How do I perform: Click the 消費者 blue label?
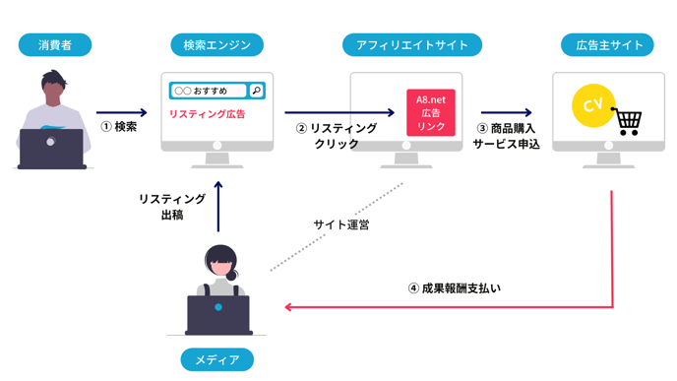(x=55, y=45)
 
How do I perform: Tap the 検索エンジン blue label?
(x=216, y=45)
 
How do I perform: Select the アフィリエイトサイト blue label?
(x=412, y=45)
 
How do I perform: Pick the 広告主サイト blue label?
(x=607, y=45)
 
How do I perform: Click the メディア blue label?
(x=216, y=359)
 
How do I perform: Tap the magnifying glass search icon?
(x=257, y=91)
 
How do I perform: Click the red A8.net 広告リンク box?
(x=430, y=113)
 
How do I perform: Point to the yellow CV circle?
(x=593, y=105)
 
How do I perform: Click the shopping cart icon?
(x=627, y=122)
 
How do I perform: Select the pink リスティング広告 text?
(x=208, y=114)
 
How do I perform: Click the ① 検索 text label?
(x=119, y=127)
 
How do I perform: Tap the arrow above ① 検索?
(x=122, y=113)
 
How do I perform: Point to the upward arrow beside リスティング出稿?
(x=218, y=207)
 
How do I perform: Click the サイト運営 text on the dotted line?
(x=341, y=224)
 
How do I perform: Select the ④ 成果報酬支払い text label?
(x=455, y=288)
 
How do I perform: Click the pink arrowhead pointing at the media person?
(x=288, y=307)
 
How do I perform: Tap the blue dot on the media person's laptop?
(x=218, y=307)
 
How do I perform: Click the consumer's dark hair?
(x=53, y=79)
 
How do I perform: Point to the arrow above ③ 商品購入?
(x=507, y=113)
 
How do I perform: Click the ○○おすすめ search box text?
(x=201, y=91)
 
